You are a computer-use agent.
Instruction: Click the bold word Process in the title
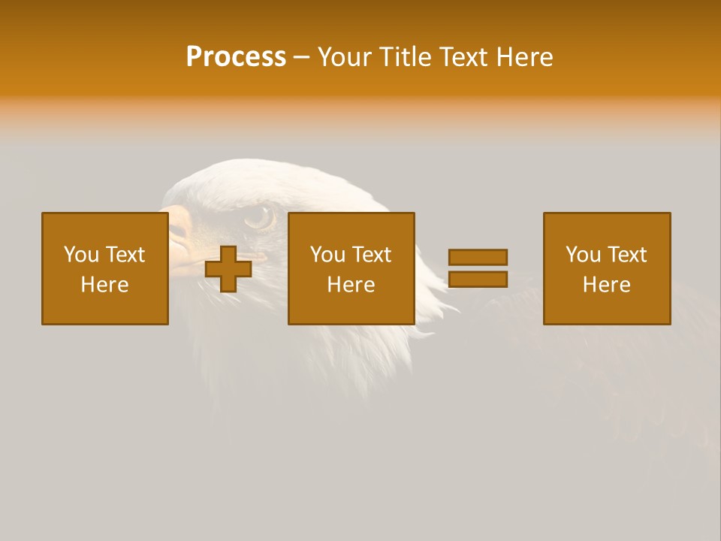coord(236,57)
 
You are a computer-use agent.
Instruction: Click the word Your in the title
coord(346,57)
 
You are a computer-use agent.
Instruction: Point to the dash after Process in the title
coord(301,58)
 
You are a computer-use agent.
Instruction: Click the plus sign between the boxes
coord(228,269)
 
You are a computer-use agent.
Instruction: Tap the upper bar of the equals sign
coord(478,257)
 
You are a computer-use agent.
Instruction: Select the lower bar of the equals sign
coord(478,280)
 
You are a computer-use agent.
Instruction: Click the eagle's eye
coord(259,217)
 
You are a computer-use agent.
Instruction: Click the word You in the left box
coord(81,254)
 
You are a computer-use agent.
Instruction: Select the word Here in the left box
coord(105,285)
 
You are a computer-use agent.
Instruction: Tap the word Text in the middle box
coord(372,254)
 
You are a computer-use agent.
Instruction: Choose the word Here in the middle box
coord(351,285)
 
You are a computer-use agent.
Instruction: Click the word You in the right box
coord(583,254)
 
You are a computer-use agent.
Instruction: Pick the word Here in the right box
coord(607,285)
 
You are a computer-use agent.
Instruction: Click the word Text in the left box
coord(125,254)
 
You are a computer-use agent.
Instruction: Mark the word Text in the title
coord(464,57)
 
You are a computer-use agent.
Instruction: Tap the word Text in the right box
coord(627,254)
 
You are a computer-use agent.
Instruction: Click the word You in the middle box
coord(327,254)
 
